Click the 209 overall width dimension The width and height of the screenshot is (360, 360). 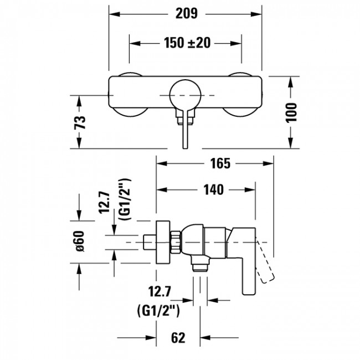tap(186, 13)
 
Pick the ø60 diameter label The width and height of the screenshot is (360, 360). tap(80, 242)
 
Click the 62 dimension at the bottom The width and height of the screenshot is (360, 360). tap(178, 337)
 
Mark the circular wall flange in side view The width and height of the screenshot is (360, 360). tap(163, 243)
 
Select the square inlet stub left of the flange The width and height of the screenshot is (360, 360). tap(148, 243)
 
